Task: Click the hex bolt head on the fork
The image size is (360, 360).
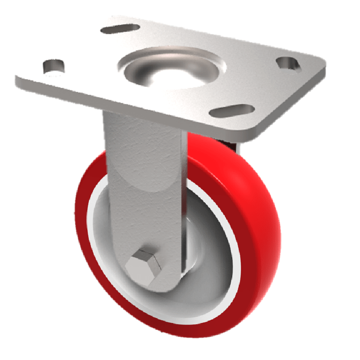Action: pos(142,264)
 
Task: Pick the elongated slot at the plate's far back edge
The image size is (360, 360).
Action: pos(120,29)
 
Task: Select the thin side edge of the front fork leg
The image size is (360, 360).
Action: pos(184,202)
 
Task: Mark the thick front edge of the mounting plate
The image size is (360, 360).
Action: pos(135,108)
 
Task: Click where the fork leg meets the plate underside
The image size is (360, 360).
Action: pos(144,115)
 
